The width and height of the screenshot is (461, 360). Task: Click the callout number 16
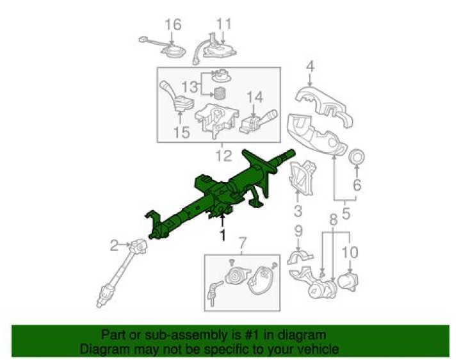pyautogui.click(x=173, y=24)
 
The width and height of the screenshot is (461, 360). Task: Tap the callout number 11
pyautogui.click(x=224, y=24)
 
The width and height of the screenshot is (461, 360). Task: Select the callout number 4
pyautogui.click(x=310, y=67)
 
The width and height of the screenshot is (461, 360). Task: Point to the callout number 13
pyautogui.click(x=190, y=87)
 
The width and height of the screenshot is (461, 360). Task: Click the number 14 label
pyautogui.click(x=255, y=97)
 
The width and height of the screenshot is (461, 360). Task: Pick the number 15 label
pyautogui.click(x=181, y=133)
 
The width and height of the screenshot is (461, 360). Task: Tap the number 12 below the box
pyautogui.click(x=223, y=156)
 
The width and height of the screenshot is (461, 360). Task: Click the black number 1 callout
pyautogui.click(x=223, y=235)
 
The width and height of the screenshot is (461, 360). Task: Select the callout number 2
pyautogui.click(x=114, y=245)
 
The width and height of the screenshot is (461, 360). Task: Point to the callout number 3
pyautogui.click(x=298, y=211)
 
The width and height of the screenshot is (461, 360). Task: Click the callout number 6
pyautogui.click(x=357, y=184)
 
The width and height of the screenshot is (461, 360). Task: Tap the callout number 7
pyautogui.click(x=241, y=243)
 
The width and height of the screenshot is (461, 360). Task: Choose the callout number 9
pyautogui.click(x=298, y=231)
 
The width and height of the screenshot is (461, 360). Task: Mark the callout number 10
pyautogui.click(x=350, y=252)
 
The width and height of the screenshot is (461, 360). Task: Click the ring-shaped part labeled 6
pyautogui.click(x=357, y=156)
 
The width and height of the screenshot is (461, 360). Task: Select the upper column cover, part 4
pyautogui.click(x=323, y=106)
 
